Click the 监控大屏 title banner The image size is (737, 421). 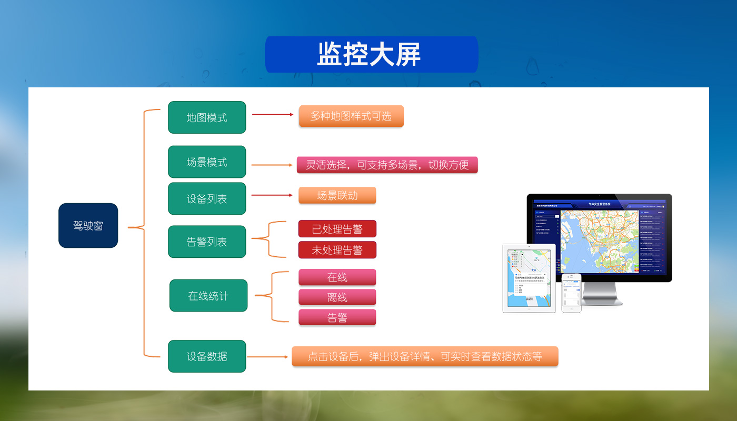pyautogui.click(x=371, y=54)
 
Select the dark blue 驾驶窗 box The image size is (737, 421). pyautogui.click(x=88, y=225)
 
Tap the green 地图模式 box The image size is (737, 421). pyautogui.click(x=207, y=117)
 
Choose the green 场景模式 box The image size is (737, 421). pyautogui.click(x=207, y=162)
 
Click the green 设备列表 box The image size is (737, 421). pyautogui.click(x=207, y=199)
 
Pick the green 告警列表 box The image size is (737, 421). pyautogui.click(x=207, y=242)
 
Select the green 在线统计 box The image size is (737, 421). pyautogui.click(x=208, y=296)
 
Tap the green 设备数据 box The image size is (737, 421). pyautogui.click(x=207, y=356)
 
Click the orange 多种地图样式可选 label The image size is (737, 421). pyautogui.click(x=351, y=116)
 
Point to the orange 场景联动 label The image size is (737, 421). pyautogui.click(x=337, y=195)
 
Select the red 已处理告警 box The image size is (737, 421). pyautogui.click(x=337, y=229)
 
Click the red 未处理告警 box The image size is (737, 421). pyautogui.click(x=337, y=250)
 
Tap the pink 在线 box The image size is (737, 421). pyautogui.click(x=337, y=277)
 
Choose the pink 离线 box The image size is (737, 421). pyautogui.click(x=337, y=297)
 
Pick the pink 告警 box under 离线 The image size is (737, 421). pyautogui.click(x=337, y=317)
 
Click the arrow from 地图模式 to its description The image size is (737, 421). pyautogui.click(x=272, y=114)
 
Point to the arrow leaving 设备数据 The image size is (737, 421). pyautogui.click(x=269, y=357)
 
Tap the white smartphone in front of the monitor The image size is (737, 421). pyautogui.click(x=571, y=293)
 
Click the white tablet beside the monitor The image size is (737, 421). pyautogui.click(x=529, y=278)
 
